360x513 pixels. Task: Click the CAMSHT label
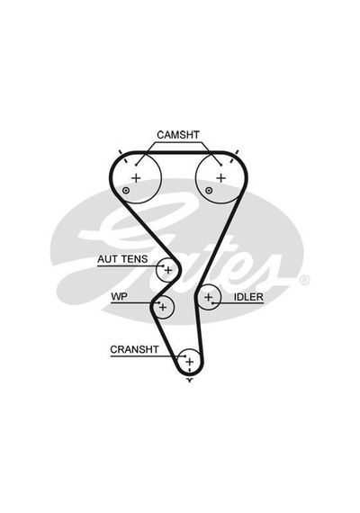tap(178, 135)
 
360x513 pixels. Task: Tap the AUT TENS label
tap(122, 259)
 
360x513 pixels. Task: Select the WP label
tap(119, 296)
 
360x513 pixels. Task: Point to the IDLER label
tap(248, 297)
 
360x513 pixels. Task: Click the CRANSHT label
tap(134, 349)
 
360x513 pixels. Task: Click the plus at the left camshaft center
tap(136, 178)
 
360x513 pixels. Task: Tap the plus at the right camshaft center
tap(221, 178)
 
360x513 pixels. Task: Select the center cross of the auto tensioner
tap(168, 270)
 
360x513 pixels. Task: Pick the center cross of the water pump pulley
tap(163, 308)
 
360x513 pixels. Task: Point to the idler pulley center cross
tap(209, 297)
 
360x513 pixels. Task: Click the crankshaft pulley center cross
tap(190, 362)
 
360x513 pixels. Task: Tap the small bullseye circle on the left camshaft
tap(126, 191)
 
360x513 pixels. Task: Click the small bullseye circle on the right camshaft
tap(209, 191)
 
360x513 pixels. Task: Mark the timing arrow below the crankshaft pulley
tap(190, 380)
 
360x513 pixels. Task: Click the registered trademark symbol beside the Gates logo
tap(304, 280)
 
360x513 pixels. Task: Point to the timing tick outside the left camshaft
tap(120, 152)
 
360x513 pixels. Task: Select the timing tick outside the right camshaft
tap(237, 152)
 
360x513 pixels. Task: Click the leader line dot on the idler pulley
tap(212, 303)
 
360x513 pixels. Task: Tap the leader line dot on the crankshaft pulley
tap(184, 356)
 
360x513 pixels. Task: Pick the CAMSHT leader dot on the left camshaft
tap(136, 165)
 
